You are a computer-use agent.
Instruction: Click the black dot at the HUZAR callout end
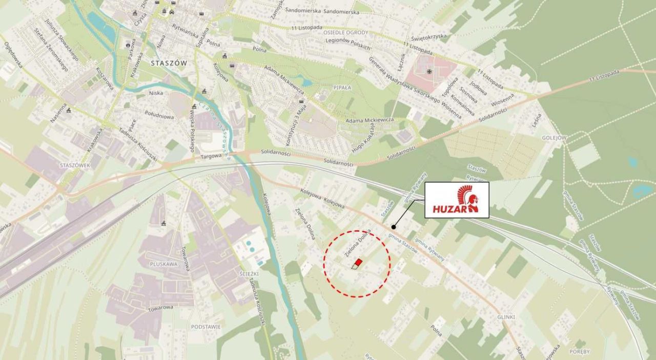click(394, 227)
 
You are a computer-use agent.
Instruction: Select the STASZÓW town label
click(170, 63)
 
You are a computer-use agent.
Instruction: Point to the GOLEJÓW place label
click(554, 138)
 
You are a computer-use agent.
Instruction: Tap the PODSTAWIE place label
click(206, 326)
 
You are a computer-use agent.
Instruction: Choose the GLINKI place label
click(505, 317)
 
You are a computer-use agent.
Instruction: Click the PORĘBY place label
click(579, 352)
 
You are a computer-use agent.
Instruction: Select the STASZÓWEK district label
click(75, 166)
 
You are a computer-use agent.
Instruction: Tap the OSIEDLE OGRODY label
click(345, 32)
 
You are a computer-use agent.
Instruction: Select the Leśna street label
click(536, 121)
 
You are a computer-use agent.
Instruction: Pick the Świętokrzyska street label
click(429, 36)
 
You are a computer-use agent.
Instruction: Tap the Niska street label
click(155, 93)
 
